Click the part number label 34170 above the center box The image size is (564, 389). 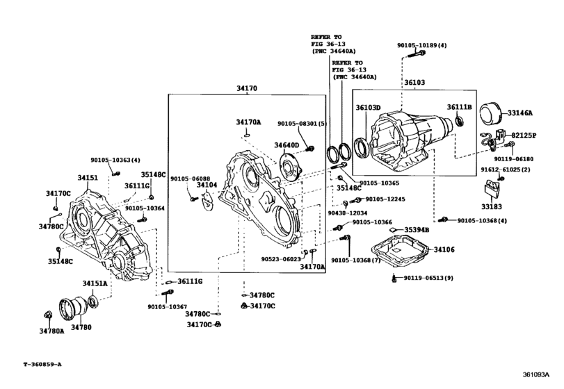(247, 88)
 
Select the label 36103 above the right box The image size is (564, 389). (414, 83)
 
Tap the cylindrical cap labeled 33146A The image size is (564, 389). (491, 113)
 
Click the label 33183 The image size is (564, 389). (492, 206)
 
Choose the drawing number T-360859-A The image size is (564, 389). (42, 364)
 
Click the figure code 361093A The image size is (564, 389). (536, 374)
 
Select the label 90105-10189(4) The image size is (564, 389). (422, 46)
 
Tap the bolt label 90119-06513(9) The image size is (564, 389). (428, 278)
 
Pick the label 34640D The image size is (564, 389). (287, 145)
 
